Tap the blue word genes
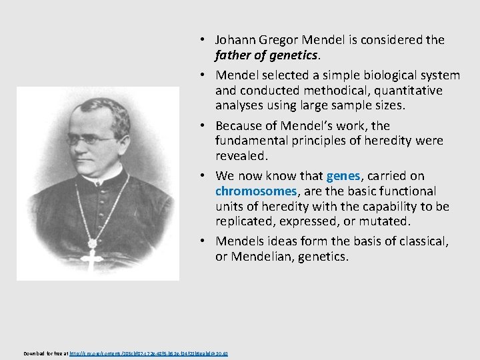pos(343,176)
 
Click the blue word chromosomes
pos(255,191)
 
